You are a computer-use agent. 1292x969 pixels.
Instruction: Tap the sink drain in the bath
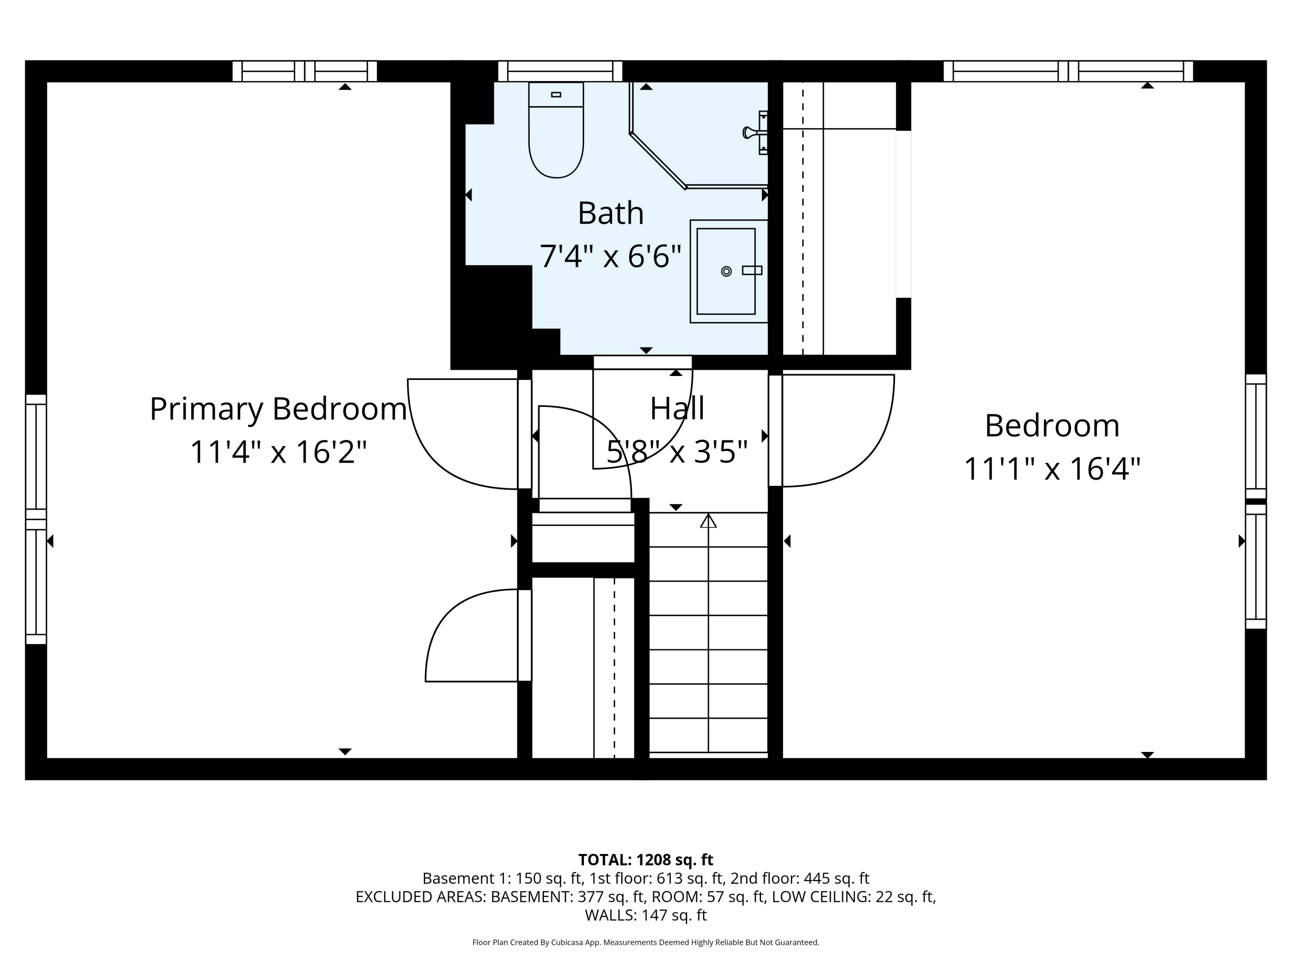726,271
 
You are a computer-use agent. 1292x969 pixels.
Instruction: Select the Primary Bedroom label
278,409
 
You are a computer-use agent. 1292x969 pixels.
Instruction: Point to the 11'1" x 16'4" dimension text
1051,469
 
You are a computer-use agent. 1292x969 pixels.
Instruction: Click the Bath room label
610,213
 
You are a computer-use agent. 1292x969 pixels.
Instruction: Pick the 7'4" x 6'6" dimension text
610,256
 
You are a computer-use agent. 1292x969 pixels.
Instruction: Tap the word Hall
677,408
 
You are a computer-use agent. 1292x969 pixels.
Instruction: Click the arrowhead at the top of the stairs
708,520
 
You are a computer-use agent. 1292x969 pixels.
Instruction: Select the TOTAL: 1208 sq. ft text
646,860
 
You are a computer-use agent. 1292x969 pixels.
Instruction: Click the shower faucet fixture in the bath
754,133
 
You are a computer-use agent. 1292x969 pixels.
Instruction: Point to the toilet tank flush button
556,95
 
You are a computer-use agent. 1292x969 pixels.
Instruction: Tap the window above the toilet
560,71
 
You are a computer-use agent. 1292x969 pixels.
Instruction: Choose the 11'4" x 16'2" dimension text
278,452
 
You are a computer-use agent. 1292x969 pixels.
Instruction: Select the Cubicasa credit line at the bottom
646,942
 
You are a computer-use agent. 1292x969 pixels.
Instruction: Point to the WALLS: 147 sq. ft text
646,915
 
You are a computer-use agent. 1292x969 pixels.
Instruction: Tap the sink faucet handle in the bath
752,270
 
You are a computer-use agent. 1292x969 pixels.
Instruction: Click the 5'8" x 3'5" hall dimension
677,452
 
